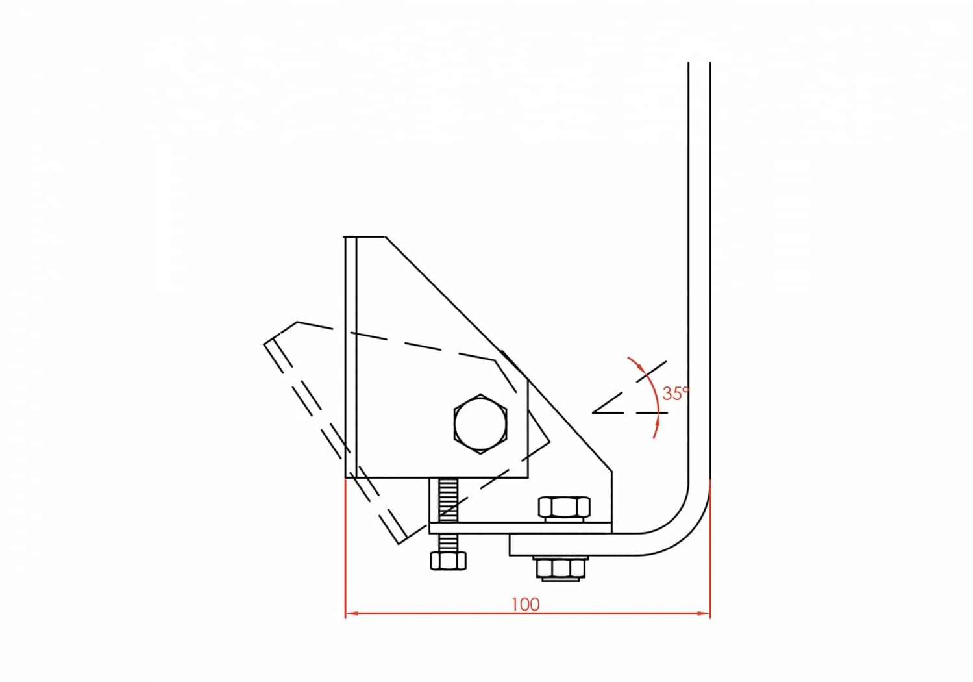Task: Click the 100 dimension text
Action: coord(525,604)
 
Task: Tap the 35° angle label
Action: coord(675,393)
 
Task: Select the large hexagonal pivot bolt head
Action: coord(480,423)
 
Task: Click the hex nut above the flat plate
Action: coord(564,509)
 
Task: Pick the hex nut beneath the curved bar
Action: coord(561,568)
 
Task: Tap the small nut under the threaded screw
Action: coord(448,561)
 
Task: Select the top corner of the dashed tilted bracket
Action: coord(297,322)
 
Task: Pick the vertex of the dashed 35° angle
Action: coord(593,412)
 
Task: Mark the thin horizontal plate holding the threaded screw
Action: coord(519,528)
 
